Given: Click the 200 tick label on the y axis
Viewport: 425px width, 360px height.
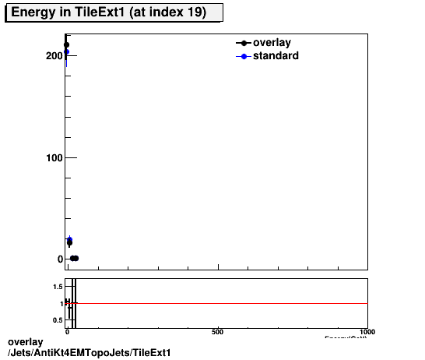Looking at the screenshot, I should [x=54, y=56].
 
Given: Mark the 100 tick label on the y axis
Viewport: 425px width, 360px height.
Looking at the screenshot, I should [x=54, y=158].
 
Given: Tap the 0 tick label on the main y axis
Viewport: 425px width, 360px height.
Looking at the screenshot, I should [x=60, y=259].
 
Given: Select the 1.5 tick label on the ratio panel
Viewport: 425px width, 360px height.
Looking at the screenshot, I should [x=57, y=287].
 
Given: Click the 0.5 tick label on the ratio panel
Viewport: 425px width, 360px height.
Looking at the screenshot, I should [x=57, y=320].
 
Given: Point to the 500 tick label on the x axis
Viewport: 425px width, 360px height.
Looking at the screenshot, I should [x=218, y=332].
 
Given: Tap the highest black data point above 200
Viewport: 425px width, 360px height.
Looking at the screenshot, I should [x=67, y=44].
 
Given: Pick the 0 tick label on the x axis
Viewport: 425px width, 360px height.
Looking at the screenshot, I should [x=68, y=332].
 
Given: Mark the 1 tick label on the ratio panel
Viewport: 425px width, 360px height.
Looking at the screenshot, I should [x=61, y=303].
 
